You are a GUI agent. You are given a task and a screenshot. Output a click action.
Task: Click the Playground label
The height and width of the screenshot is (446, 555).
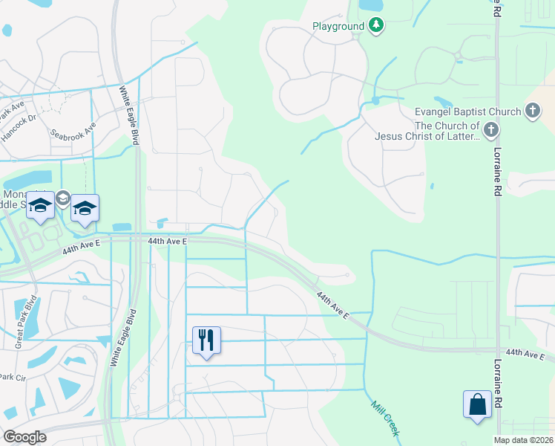[338, 27]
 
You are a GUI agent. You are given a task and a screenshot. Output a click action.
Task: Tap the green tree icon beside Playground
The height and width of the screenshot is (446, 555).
[377, 26]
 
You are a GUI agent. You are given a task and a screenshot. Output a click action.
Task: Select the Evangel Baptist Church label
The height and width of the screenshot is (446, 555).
[467, 112]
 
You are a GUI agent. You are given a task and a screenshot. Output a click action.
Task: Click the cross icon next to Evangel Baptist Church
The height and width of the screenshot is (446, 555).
[532, 112]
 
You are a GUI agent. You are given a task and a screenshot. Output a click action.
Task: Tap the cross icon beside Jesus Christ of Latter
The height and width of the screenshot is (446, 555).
[491, 132]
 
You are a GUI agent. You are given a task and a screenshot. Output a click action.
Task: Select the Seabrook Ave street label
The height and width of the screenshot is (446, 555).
[73, 131]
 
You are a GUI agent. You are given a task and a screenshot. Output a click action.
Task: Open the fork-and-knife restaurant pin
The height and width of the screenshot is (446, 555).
[207, 340]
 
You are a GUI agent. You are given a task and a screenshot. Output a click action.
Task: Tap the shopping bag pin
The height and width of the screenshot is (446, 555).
[476, 406]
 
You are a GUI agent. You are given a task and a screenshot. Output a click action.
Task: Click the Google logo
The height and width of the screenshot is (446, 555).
[25, 437]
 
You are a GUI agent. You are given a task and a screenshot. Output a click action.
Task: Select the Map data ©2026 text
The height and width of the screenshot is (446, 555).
[523, 440]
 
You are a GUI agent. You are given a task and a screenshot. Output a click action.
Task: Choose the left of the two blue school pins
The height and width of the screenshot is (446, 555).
[41, 207]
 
